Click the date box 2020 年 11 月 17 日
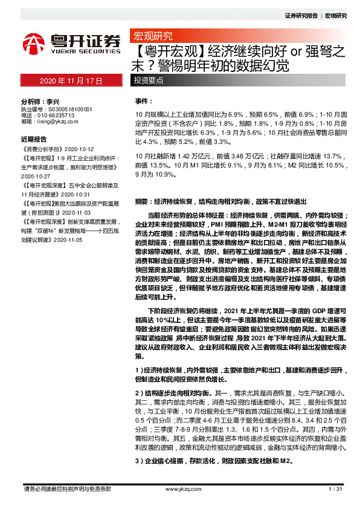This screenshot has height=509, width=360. click(71, 81)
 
